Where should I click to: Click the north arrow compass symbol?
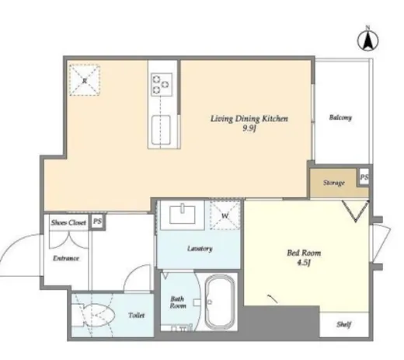pyautogui.click(x=367, y=40)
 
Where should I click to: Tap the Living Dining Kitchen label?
pyautogui.click(x=249, y=119)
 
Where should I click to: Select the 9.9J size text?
pyautogui.click(x=249, y=128)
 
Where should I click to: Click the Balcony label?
pyautogui.click(x=340, y=117)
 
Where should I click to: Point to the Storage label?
pyautogui.click(x=334, y=183)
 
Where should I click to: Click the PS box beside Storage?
pyautogui.click(x=364, y=177)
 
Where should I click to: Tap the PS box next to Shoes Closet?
pyautogui.click(x=97, y=222)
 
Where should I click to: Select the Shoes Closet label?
pyautogui.click(x=68, y=222)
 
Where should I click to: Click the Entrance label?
pyautogui.click(x=66, y=258)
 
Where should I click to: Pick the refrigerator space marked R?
pyautogui.click(x=85, y=80)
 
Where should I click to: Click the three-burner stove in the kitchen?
pyautogui.click(x=162, y=85)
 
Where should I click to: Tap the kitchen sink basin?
pyautogui.click(x=161, y=130)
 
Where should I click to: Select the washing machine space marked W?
pyautogui.click(x=225, y=215)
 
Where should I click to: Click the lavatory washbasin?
pyautogui.click(x=183, y=215)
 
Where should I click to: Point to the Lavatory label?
pyautogui.click(x=200, y=249)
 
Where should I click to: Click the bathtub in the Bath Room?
pyautogui.click(x=220, y=302)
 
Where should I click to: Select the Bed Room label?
pyautogui.click(x=304, y=253)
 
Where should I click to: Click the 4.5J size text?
pyautogui.click(x=304, y=263)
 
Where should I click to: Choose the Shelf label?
pyautogui.click(x=343, y=324)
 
